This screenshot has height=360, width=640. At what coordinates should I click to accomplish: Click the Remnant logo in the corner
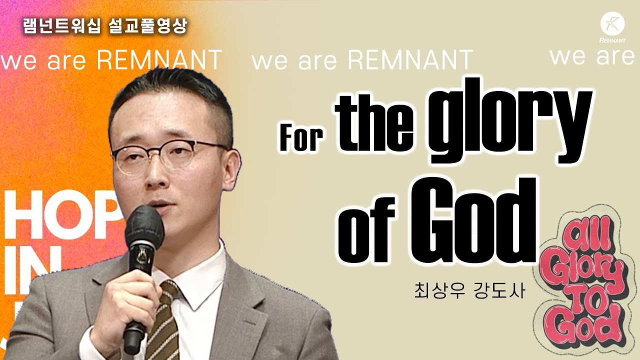click(612, 27)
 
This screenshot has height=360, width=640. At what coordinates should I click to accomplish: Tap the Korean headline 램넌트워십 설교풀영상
click(105, 26)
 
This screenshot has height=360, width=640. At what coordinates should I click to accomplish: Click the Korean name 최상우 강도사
click(469, 291)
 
